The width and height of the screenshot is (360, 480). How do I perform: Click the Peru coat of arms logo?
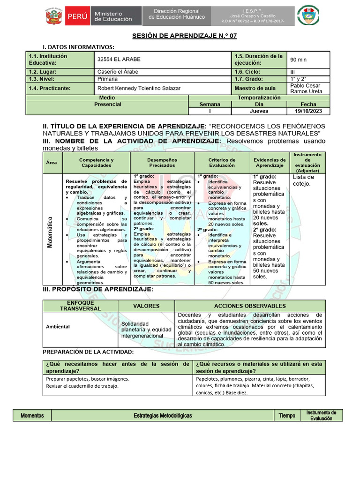[x=55, y=15]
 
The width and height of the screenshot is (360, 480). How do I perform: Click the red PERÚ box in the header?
[x=77, y=16]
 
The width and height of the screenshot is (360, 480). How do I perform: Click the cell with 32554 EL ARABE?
[x=119, y=60]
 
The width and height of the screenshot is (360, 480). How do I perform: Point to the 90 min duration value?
[x=299, y=60]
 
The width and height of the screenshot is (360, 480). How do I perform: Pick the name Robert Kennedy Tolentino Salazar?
[x=139, y=88]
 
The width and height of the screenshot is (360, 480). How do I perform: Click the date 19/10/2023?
[x=308, y=111]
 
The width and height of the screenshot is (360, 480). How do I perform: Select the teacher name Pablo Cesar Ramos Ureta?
[x=307, y=88]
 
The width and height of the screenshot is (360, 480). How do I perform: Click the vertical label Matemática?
[x=49, y=229]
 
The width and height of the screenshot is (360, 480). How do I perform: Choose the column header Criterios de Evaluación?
[x=222, y=163]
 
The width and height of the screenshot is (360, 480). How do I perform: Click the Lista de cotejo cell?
[x=303, y=180]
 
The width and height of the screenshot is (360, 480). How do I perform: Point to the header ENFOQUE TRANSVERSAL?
[x=80, y=306]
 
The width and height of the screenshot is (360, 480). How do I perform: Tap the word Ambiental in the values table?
[x=58, y=327]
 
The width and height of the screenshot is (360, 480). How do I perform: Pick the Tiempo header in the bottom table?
[x=287, y=415]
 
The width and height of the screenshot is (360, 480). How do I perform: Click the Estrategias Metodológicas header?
[x=163, y=415]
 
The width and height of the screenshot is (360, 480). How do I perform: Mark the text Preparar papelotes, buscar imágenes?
[x=87, y=379]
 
